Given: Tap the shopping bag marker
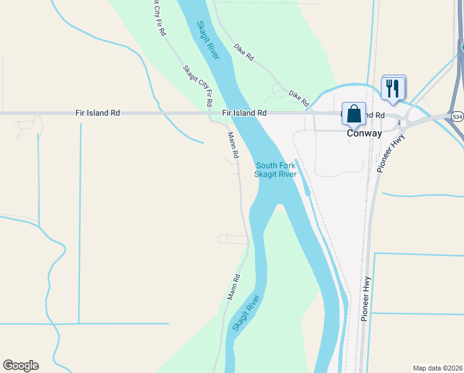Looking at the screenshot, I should click(x=354, y=114).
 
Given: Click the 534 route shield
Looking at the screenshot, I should click(x=457, y=116).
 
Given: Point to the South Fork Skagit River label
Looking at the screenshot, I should click(x=275, y=170).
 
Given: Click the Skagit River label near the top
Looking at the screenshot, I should click(x=208, y=41).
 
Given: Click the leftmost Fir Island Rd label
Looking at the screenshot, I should click(x=97, y=113).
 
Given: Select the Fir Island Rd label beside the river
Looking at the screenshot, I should click(x=244, y=113).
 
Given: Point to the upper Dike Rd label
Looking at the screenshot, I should click(x=244, y=52).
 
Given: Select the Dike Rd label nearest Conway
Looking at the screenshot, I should click(x=298, y=97).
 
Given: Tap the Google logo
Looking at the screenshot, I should click(x=20, y=366).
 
